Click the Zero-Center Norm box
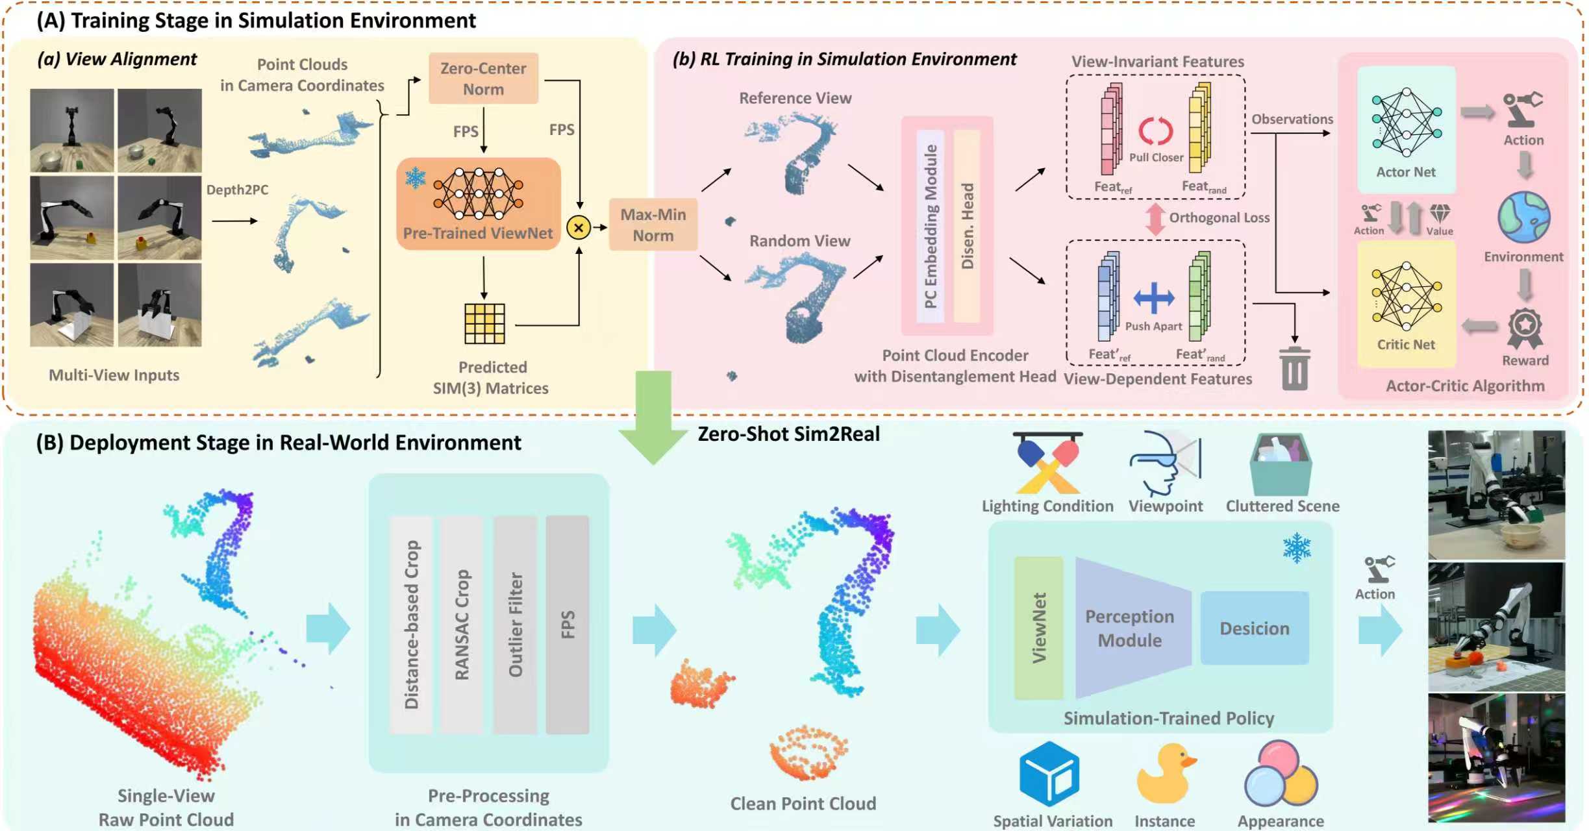[x=483, y=79]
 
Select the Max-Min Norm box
[x=653, y=225]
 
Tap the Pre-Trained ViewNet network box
[x=479, y=204]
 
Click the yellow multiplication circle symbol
[x=578, y=228]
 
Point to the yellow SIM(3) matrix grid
[x=484, y=323]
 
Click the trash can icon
[x=1294, y=369]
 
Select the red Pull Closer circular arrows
[x=1155, y=131]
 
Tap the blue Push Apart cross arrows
[x=1153, y=299]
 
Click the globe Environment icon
[x=1523, y=217]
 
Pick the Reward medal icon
[x=1524, y=329]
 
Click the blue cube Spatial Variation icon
[x=1049, y=774]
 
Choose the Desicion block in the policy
[x=1254, y=628]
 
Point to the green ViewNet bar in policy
[x=1038, y=628]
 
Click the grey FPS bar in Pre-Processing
[x=567, y=625]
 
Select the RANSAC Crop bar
[x=461, y=625]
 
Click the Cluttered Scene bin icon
[x=1281, y=465]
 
